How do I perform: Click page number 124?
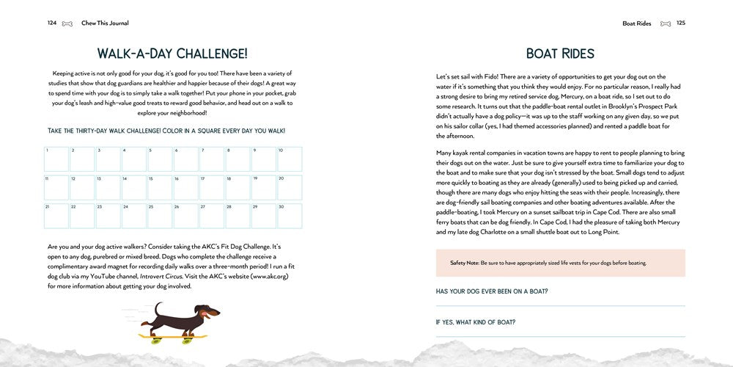[52, 23]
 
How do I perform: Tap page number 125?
[680, 23]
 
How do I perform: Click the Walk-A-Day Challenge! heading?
[172, 53]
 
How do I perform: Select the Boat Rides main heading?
[560, 54]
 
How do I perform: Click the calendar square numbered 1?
[56, 159]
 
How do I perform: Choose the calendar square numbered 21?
[56, 215]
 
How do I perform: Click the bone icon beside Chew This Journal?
[67, 23]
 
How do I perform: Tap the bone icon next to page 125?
[665, 23]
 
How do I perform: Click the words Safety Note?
[464, 263]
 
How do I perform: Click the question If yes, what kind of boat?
[475, 321]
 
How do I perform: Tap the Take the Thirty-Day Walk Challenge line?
[166, 131]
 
